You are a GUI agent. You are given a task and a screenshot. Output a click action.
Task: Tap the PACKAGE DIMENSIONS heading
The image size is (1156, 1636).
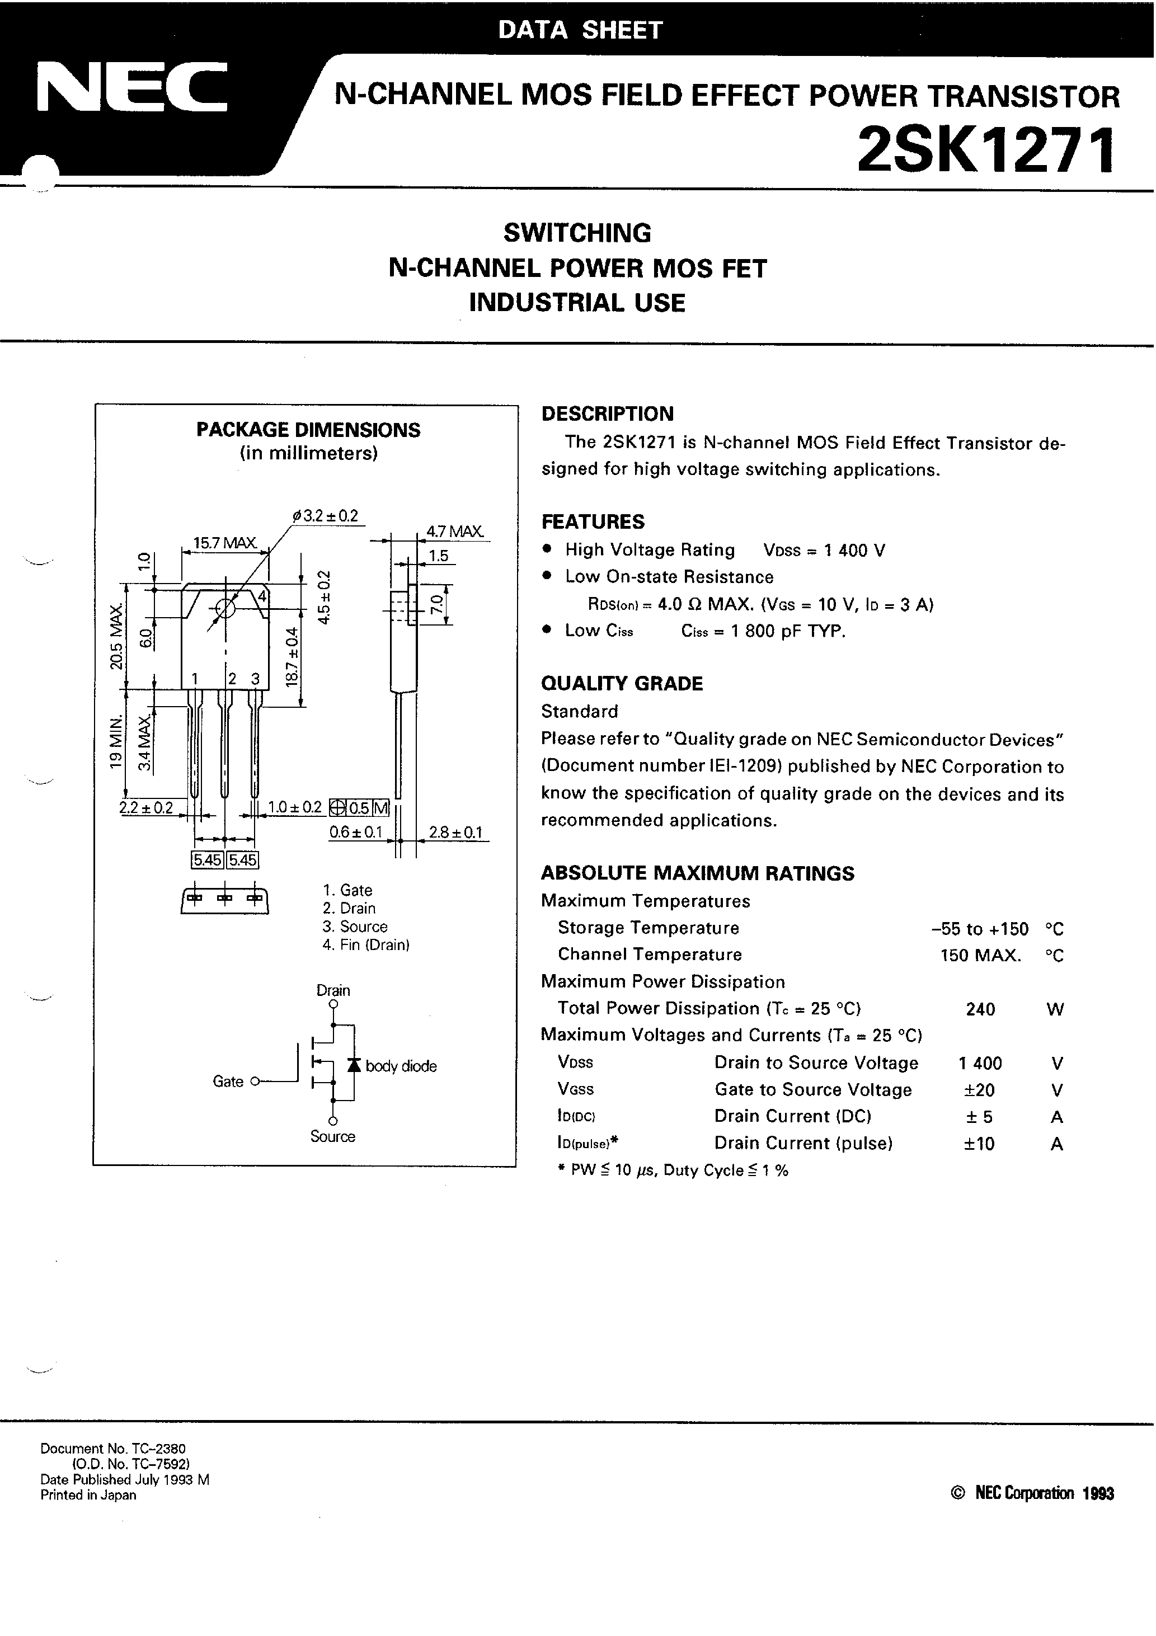coord(308,430)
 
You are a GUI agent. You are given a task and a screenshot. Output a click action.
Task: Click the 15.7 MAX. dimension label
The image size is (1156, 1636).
coord(225,542)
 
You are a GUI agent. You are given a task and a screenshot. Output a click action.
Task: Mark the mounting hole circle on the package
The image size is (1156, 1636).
coord(224,609)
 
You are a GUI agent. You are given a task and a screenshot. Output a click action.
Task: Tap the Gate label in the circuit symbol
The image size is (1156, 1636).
coord(228,1082)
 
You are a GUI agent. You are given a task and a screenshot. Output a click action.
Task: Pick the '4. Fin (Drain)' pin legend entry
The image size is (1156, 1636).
coord(365,945)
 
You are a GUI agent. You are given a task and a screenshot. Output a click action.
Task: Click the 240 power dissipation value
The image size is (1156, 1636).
coord(981,1009)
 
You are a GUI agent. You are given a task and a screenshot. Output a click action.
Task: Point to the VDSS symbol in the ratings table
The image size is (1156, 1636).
coord(575,1063)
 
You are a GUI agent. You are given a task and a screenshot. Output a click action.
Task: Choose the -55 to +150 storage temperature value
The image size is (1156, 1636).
coord(979,928)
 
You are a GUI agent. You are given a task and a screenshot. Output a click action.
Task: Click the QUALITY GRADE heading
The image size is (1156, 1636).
coord(622,683)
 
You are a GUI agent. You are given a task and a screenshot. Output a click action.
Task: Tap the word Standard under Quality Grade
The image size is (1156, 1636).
coord(580,711)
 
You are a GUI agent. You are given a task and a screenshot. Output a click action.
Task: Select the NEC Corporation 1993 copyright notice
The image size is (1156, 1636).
coord(1032,1493)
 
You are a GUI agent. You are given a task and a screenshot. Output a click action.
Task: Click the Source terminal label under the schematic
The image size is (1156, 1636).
coord(333,1136)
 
